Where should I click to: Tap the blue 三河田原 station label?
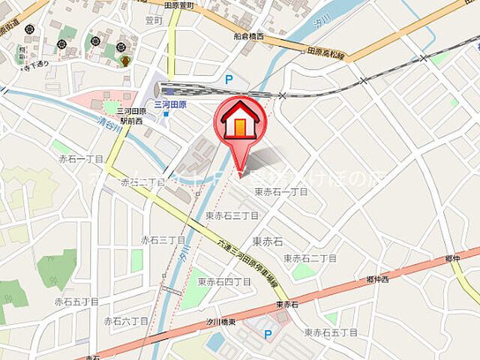(170, 105)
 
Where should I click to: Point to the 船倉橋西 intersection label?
(248, 35)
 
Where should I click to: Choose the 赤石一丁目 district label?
(80, 159)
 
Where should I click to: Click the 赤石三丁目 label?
(163, 240)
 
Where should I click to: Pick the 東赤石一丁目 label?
(281, 192)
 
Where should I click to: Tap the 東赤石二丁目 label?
(310, 258)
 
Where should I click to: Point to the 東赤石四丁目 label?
(224, 281)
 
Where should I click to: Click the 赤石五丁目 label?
(76, 301)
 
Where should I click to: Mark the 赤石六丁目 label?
(125, 321)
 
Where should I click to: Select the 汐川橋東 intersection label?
(221, 322)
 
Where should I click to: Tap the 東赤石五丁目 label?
(331, 332)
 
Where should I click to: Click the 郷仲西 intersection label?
(376, 279)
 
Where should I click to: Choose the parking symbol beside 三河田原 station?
(229, 77)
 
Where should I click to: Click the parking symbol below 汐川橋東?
(268, 334)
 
